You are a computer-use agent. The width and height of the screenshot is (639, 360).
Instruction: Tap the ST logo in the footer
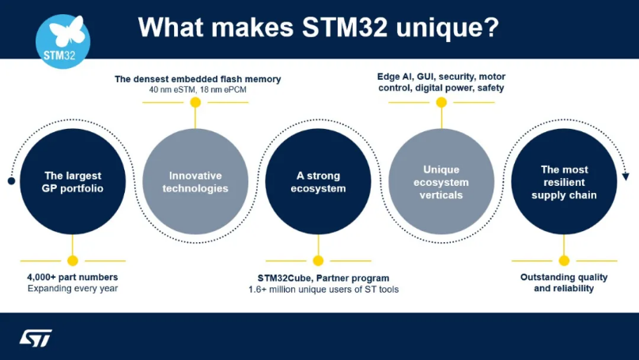36,338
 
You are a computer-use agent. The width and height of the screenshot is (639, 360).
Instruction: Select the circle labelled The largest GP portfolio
72,181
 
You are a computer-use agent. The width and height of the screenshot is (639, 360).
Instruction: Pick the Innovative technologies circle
195,181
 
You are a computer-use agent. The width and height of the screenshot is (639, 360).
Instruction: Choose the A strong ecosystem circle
318,181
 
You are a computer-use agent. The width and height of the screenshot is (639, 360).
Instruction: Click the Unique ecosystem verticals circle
441,181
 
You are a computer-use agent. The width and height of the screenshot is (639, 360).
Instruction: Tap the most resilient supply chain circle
564,181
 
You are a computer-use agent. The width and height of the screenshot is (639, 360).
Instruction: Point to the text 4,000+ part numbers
72,278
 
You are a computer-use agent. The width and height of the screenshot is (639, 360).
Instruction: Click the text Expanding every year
72,289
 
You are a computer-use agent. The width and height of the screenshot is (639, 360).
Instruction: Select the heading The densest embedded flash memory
198,79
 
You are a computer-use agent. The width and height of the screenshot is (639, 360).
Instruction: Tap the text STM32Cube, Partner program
323,278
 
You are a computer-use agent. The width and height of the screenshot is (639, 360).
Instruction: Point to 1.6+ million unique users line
323,290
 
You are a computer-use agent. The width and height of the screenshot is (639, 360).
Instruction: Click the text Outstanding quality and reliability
564,282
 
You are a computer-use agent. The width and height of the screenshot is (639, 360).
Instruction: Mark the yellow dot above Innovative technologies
195,102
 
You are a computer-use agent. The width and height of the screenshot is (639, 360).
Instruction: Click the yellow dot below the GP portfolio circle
73,260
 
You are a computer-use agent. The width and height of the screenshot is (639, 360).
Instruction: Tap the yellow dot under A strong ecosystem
318,260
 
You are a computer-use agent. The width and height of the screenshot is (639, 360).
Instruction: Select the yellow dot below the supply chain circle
564,260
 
